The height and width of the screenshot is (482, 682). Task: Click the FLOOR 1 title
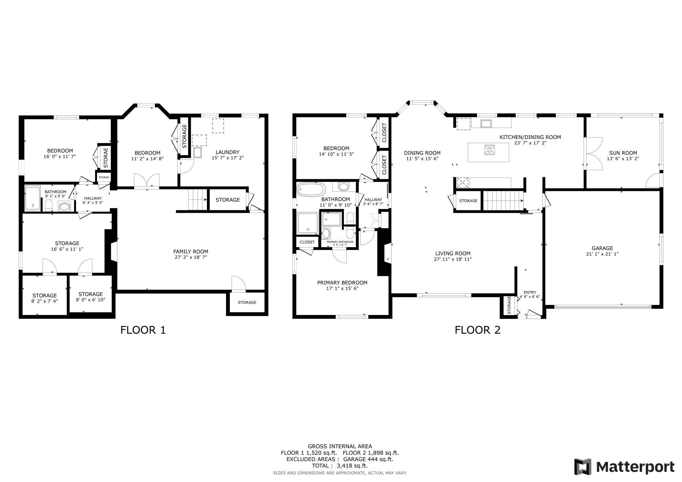(x=143, y=330)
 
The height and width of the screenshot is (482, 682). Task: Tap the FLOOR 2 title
(x=477, y=330)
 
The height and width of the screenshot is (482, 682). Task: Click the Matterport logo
(x=624, y=466)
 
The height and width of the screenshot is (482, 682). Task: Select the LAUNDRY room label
(x=228, y=152)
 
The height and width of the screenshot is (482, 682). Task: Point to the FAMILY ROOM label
(x=191, y=252)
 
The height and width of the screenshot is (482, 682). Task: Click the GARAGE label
(x=602, y=248)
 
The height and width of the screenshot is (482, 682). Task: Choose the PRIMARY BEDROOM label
(x=342, y=283)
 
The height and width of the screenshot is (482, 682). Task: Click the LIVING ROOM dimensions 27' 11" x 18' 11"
(x=453, y=259)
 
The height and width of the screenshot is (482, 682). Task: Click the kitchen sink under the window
(x=486, y=124)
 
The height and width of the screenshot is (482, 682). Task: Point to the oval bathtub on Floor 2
(x=311, y=189)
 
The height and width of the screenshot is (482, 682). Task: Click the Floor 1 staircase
(x=197, y=200)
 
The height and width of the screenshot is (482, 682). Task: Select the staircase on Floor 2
(x=503, y=201)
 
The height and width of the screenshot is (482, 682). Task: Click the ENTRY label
(x=530, y=293)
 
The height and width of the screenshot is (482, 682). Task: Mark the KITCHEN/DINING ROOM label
(x=530, y=137)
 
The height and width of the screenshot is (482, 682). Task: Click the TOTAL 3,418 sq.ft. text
(x=340, y=466)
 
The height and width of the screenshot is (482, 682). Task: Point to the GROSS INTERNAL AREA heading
(x=340, y=446)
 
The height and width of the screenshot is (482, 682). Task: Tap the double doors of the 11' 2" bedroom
(x=147, y=181)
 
